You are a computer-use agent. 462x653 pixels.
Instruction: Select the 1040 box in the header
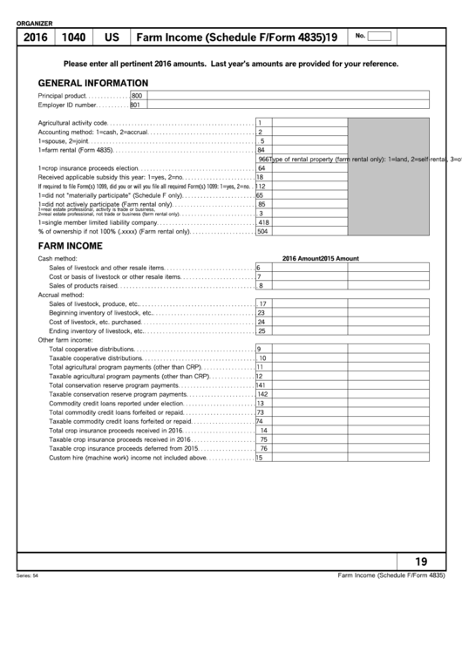pyautogui.click(x=73, y=37)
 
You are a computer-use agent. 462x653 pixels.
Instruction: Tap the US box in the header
pyautogui.click(x=112, y=37)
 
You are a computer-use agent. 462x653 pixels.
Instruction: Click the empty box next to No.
pyautogui.click(x=380, y=36)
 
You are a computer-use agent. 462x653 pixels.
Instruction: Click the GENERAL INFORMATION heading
pyautogui.click(x=92, y=83)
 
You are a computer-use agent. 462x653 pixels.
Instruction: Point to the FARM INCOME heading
pyautogui.click(x=71, y=246)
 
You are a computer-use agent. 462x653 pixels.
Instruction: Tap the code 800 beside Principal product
pyautogui.click(x=136, y=95)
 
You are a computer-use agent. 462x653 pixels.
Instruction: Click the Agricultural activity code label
pyautogui.click(x=72, y=122)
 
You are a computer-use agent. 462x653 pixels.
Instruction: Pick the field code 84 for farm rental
pyautogui.click(x=261, y=150)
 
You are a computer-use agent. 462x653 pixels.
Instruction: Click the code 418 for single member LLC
pyautogui.click(x=263, y=222)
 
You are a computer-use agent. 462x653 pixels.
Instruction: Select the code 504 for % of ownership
pyautogui.click(x=262, y=232)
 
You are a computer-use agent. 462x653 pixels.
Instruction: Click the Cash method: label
pyautogui.click(x=57, y=258)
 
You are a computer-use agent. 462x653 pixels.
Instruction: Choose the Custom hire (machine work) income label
pyautogui.click(x=127, y=458)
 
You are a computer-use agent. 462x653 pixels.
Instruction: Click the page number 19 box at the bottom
pyautogui.click(x=420, y=561)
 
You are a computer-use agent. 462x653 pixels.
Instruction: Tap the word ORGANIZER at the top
pyautogui.click(x=35, y=23)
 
